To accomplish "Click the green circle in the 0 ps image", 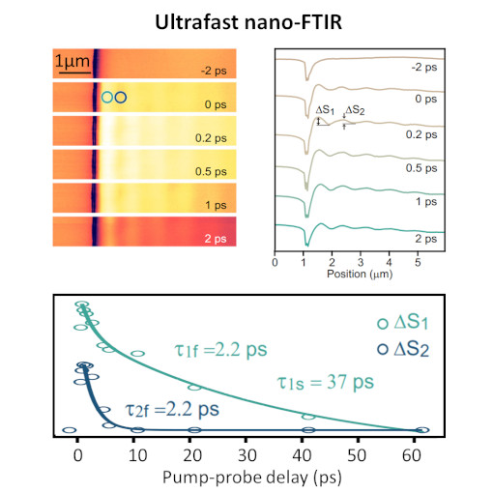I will [x=107, y=97].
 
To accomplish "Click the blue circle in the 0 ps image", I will [x=120, y=97].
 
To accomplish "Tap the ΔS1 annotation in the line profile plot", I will [x=326, y=111].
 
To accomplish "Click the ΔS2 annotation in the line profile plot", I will [x=355, y=111].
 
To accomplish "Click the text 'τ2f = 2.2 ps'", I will [x=172, y=409].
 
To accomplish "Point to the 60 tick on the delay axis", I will [x=421, y=451].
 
